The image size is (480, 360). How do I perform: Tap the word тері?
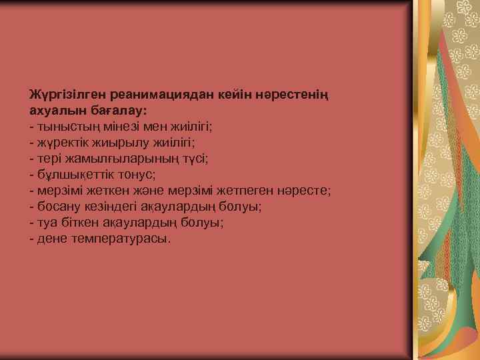point(51,159)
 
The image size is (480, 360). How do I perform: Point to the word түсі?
point(192,158)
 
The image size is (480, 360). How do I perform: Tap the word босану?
point(59,207)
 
